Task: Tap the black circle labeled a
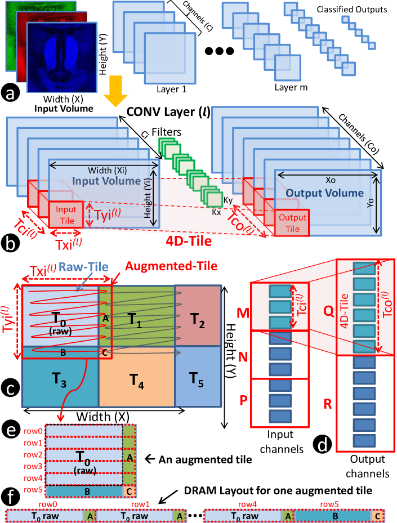click(10, 93)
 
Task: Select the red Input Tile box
click(66, 214)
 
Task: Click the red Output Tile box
click(292, 223)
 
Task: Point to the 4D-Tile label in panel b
click(189, 241)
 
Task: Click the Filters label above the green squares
click(167, 132)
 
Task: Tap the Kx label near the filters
click(216, 212)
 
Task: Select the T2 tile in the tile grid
click(198, 315)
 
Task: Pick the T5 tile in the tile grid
click(198, 377)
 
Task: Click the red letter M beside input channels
click(243, 313)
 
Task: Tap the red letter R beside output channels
click(328, 404)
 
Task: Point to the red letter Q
click(329, 311)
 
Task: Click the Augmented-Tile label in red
click(171, 266)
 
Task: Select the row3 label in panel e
click(33, 466)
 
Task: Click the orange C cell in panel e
click(130, 491)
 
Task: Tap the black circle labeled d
click(322, 444)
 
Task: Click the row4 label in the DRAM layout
click(248, 504)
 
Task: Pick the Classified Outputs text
click(352, 10)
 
